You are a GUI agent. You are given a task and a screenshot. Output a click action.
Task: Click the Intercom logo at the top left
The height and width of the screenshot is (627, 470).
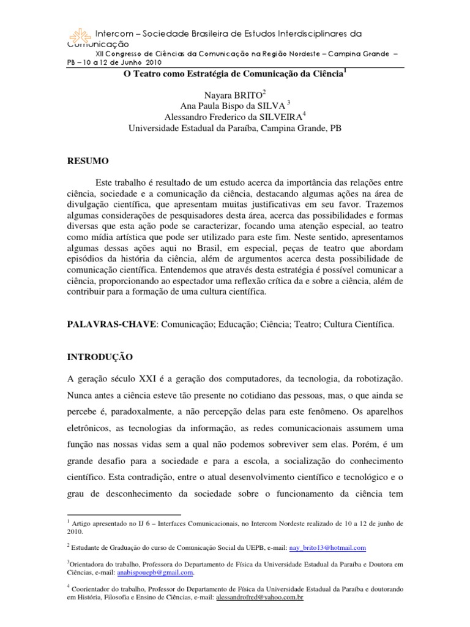[x=78, y=37]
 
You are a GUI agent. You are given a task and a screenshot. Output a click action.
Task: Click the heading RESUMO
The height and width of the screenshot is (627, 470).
[x=88, y=161]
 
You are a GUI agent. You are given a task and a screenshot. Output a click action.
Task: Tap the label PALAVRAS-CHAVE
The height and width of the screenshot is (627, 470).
[x=112, y=325]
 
